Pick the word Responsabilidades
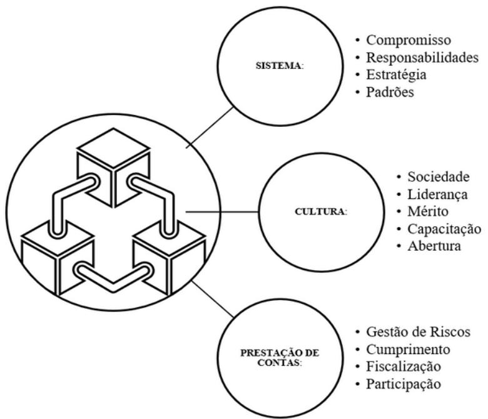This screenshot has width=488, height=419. [423, 58]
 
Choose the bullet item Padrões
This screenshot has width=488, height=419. [390, 91]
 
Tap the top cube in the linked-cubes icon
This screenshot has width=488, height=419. [113, 159]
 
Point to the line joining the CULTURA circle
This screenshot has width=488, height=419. [221, 211]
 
